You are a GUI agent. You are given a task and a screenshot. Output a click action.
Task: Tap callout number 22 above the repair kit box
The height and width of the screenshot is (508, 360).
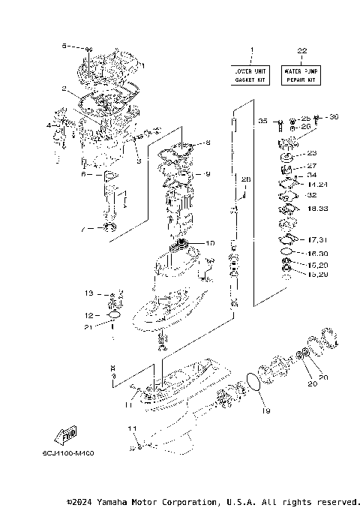pos(301,50)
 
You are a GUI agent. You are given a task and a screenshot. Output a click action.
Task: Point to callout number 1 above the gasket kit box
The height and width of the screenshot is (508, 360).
pos(252,50)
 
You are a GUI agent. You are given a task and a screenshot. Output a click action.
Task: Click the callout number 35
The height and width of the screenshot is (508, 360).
pos(262,120)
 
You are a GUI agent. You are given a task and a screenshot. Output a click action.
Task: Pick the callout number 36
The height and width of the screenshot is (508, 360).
pos(334,116)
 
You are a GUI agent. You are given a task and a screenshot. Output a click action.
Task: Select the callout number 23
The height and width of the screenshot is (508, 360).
pos(312,152)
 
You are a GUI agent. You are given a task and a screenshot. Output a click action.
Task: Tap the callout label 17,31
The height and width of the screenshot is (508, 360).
pos(317,240)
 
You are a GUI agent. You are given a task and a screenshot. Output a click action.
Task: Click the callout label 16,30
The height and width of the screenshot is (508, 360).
pos(317,254)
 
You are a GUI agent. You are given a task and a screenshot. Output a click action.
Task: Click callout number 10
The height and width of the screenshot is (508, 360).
pos(210,242)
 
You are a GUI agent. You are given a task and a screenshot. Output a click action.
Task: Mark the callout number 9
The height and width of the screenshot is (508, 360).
pos(208,174)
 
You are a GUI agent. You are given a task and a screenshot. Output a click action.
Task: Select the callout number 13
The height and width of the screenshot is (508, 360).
pos(88,293)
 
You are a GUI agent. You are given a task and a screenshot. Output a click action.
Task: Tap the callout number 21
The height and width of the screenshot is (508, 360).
pos(88,327)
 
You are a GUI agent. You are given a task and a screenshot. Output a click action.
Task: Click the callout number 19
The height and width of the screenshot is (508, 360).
pos(265,411)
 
